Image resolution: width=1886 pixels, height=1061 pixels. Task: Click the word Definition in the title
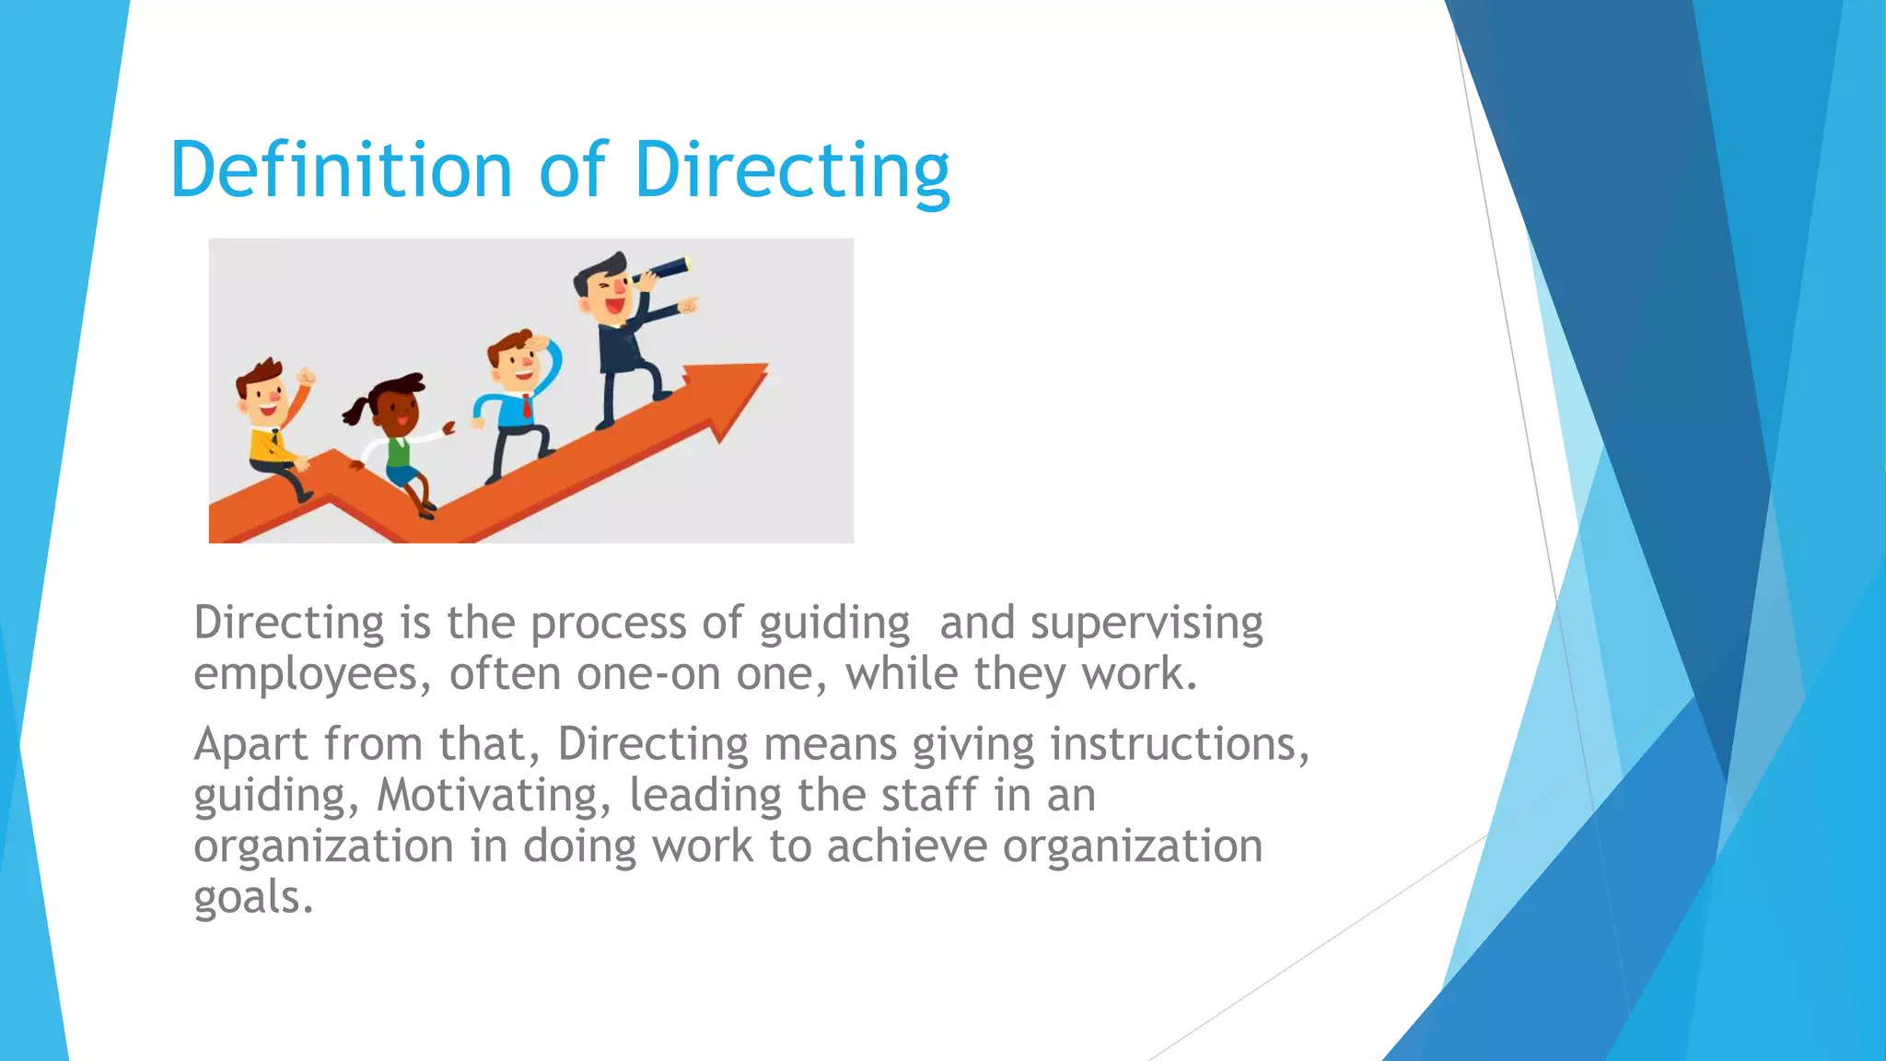click(341, 170)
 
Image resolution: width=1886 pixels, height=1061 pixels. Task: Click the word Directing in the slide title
click(792, 170)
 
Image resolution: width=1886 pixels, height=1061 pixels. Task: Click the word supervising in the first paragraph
click(1147, 624)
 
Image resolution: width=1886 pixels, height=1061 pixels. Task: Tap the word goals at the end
click(253, 897)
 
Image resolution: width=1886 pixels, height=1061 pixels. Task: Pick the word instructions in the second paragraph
click(1179, 744)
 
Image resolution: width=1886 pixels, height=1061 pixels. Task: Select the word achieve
click(906, 846)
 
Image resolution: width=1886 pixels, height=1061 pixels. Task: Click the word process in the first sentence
click(608, 624)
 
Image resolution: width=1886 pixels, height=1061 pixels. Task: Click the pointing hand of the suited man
click(689, 304)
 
